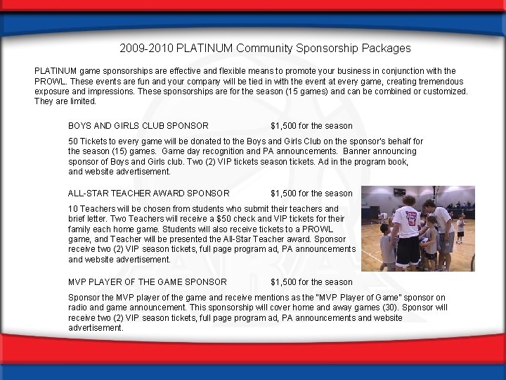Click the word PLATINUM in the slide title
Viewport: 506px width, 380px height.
[x=205, y=49]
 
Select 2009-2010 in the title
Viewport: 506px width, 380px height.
[x=147, y=49]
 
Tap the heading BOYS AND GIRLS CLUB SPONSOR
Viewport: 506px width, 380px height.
[x=138, y=126]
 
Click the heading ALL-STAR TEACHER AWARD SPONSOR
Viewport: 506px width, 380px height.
[x=148, y=193]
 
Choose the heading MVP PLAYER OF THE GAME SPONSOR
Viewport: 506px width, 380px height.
[x=147, y=282]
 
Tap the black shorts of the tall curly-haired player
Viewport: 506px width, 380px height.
[x=408, y=251]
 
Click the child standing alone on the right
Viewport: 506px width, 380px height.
[x=460, y=229]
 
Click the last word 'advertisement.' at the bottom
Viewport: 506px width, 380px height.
[x=96, y=328]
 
